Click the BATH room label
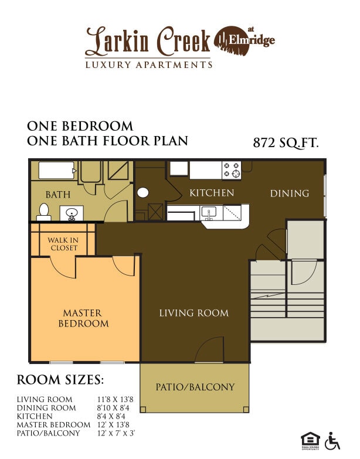58,194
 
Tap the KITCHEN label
212,193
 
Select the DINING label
289,193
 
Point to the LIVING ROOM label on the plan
193,313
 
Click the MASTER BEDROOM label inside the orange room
83,318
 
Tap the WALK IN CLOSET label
63,244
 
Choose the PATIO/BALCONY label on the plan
195,387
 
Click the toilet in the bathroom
43,211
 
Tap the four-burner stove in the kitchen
231,170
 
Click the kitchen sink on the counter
209,212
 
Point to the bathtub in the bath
56,171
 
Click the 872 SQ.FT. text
286,142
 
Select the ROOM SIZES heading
60,379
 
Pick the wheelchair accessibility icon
333,440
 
